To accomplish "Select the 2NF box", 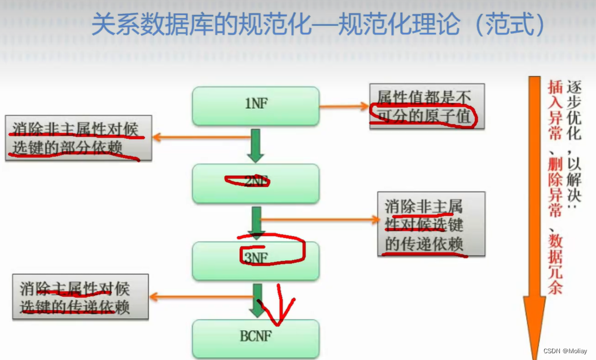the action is click(256, 183).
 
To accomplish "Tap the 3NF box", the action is click(256, 260).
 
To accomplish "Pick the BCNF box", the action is click(256, 337).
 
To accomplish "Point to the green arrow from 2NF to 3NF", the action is click(257, 222).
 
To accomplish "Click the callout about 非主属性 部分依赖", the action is click(78, 138).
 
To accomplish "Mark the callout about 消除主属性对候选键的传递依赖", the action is click(80, 297).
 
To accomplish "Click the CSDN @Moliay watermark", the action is click(565, 351).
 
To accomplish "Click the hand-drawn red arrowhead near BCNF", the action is click(279, 316).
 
